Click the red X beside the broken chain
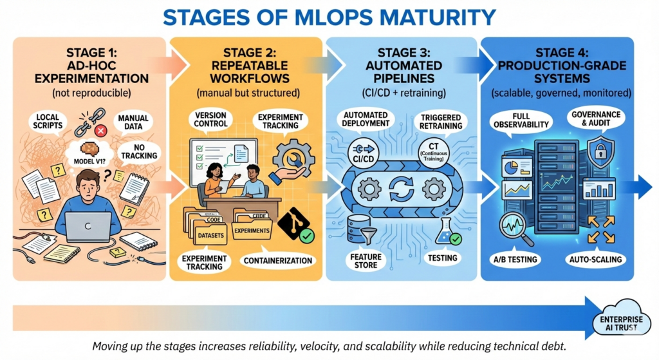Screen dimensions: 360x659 tap(100, 131)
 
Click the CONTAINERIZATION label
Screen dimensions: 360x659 tap(279, 261)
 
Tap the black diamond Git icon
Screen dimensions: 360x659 tap(293, 225)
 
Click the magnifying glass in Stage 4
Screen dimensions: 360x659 tap(517, 228)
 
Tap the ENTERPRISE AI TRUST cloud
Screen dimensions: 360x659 tap(623, 320)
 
